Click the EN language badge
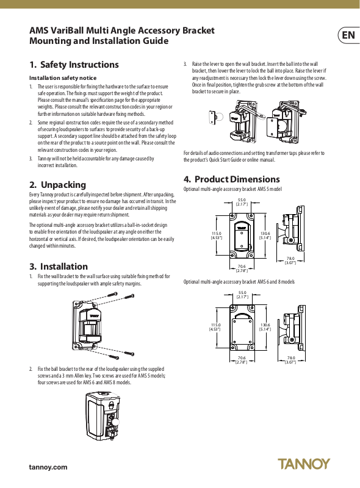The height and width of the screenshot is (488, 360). pos(349,35)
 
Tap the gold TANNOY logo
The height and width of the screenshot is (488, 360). pos(304,464)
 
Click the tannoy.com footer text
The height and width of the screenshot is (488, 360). pos(48,467)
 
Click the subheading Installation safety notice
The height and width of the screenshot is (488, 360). pos(63,78)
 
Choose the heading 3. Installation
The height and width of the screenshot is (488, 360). pos(59,267)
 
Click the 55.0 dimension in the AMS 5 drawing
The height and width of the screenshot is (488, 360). pos(242,200)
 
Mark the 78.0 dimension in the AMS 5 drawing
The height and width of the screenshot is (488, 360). pos(290,258)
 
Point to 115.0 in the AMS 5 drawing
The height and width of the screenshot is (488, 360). pos(217,234)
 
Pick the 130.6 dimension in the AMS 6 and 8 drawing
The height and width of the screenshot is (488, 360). pos(265,325)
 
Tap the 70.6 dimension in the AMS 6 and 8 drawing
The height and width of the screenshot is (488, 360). pos(242,358)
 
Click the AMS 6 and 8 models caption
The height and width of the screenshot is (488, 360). pos(239,282)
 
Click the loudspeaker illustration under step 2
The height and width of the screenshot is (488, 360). pos(103,415)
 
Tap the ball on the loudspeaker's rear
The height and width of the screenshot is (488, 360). pos(115,422)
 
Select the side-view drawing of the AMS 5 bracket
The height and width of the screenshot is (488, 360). pos(290,229)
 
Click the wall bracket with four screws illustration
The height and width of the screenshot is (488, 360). pos(103,325)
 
